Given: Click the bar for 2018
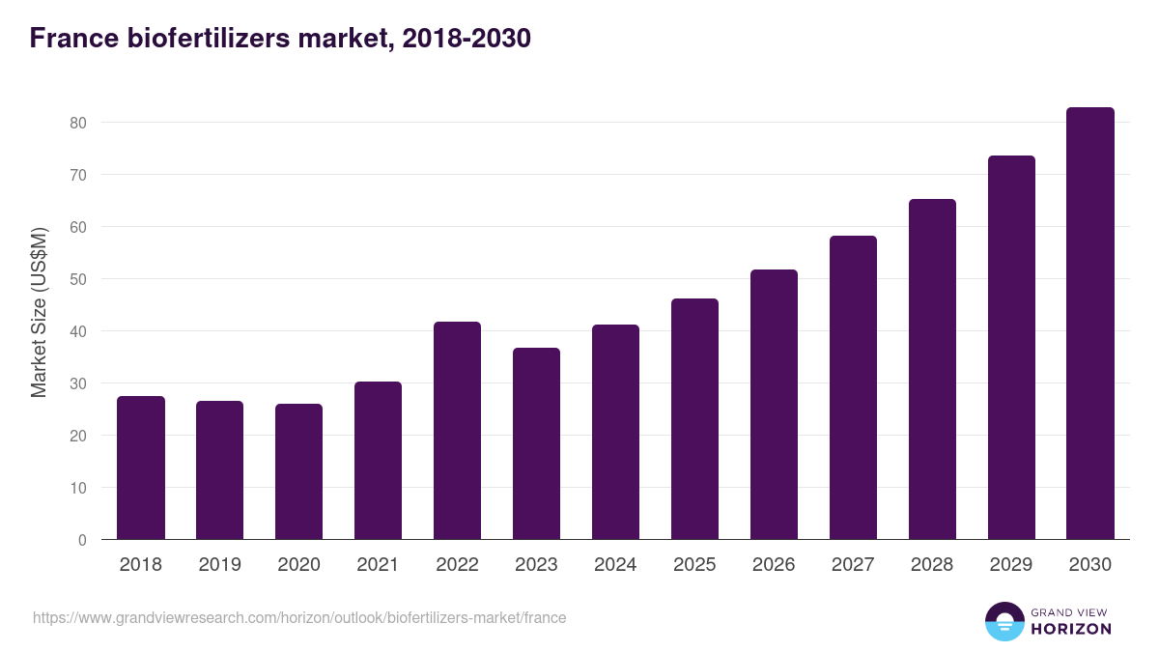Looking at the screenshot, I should [x=141, y=468].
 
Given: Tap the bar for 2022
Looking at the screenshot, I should [x=457, y=431].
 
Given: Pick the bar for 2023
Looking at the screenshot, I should [x=536, y=443].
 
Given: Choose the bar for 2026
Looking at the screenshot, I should [x=774, y=405].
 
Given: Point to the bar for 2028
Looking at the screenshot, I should [x=932, y=369].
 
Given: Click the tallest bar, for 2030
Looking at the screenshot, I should [x=1090, y=324].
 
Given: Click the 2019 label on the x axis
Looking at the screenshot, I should [x=220, y=565].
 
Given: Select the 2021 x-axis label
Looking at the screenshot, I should [x=378, y=565].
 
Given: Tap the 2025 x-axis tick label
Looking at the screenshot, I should [x=694, y=565].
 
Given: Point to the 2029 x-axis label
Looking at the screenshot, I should [x=1011, y=565].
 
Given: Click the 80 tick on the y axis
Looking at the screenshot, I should [x=77, y=123].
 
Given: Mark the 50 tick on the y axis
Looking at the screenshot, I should [x=77, y=279].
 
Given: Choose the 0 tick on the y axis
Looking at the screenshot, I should [x=82, y=540].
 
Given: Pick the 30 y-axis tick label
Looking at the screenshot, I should [x=77, y=383].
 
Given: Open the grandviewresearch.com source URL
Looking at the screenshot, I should [x=299, y=617].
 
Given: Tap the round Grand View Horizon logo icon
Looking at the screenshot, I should [x=1004, y=621].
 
